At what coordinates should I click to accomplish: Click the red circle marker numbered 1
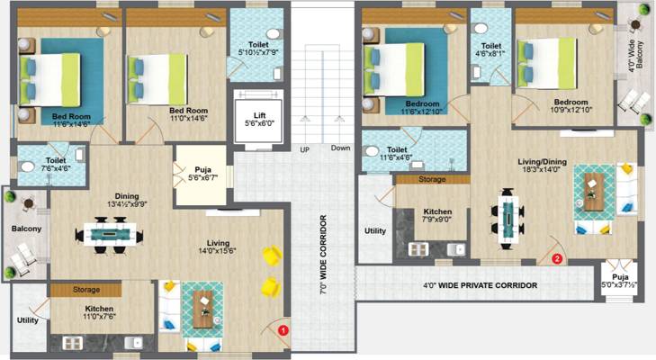pyautogui.click(x=283, y=330)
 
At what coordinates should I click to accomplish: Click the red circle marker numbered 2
pyautogui.click(x=556, y=259)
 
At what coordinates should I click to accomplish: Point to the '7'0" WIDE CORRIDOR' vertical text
pyautogui.click(x=321, y=256)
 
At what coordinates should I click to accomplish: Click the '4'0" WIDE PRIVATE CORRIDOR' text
pyautogui.click(x=480, y=285)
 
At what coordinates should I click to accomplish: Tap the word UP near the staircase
pyautogui.click(x=304, y=148)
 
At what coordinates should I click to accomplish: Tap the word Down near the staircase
pyautogui.click(x=340, y=148)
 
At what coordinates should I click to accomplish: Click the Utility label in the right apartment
pyautogui.click(x=374, y=231)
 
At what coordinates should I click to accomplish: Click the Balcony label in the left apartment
pyautogui.click(x=26, y=229)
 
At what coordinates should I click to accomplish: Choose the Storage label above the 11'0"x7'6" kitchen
pyautogui.click(x=86, y=290)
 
